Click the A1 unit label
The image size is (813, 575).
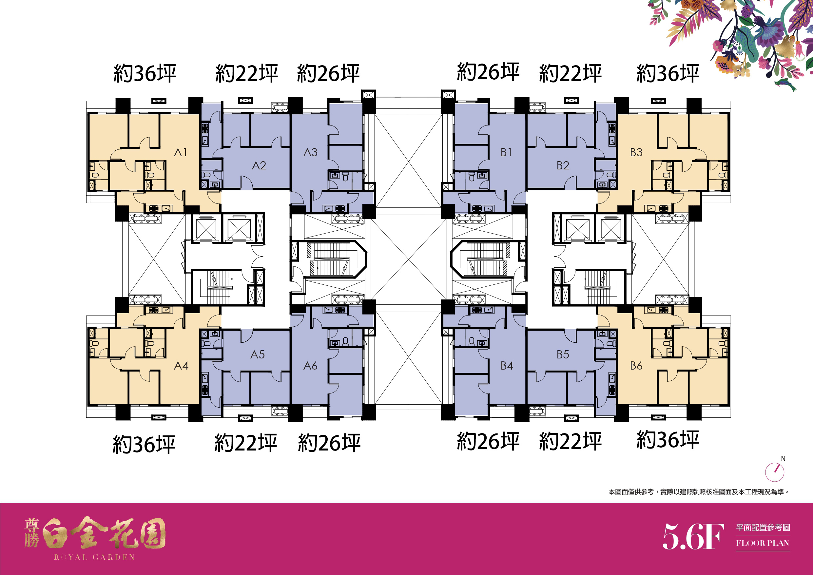click(x=180, y=152)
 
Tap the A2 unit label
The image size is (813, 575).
click(x=259, y=165)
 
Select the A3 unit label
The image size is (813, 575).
click(x=310, y=152)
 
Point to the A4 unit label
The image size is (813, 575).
click(x=181, y=365)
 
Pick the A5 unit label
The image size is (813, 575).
click(x=258, y=355)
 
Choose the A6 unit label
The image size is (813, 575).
click(x=310, y=365)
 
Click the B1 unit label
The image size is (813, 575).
click(x=506, y=152)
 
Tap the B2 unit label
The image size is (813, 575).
click(x=563, y=165)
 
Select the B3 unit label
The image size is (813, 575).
click(x=636, y=152)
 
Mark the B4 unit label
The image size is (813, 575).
click(x=507, y=365)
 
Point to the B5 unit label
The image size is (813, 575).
click(x=563, y=355)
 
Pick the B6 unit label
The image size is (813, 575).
click(x=636, y=365)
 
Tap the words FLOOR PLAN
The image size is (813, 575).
click(x=763, y=543)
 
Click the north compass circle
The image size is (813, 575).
click(x=775, y=472)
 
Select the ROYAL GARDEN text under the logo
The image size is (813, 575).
click(x=94, y=557)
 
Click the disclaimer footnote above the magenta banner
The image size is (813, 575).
click(x=699, y=492)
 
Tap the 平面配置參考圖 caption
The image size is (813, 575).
click(x=763, y=527)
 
